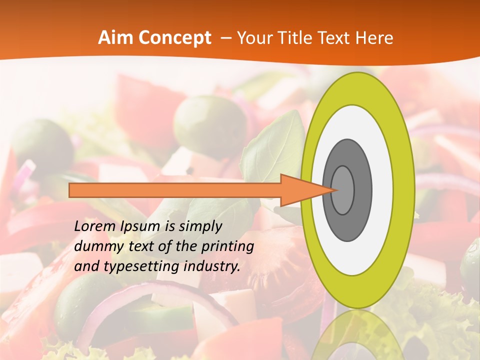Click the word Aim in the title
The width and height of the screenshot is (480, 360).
click(x=116, y=38)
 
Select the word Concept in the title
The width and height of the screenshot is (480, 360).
click(x=174, y=38)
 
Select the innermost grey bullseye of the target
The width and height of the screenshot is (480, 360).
click(x=342, y=190)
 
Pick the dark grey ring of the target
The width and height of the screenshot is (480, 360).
click(x=363, y=190)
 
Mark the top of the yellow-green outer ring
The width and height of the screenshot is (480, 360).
click(x=357, y=87)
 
